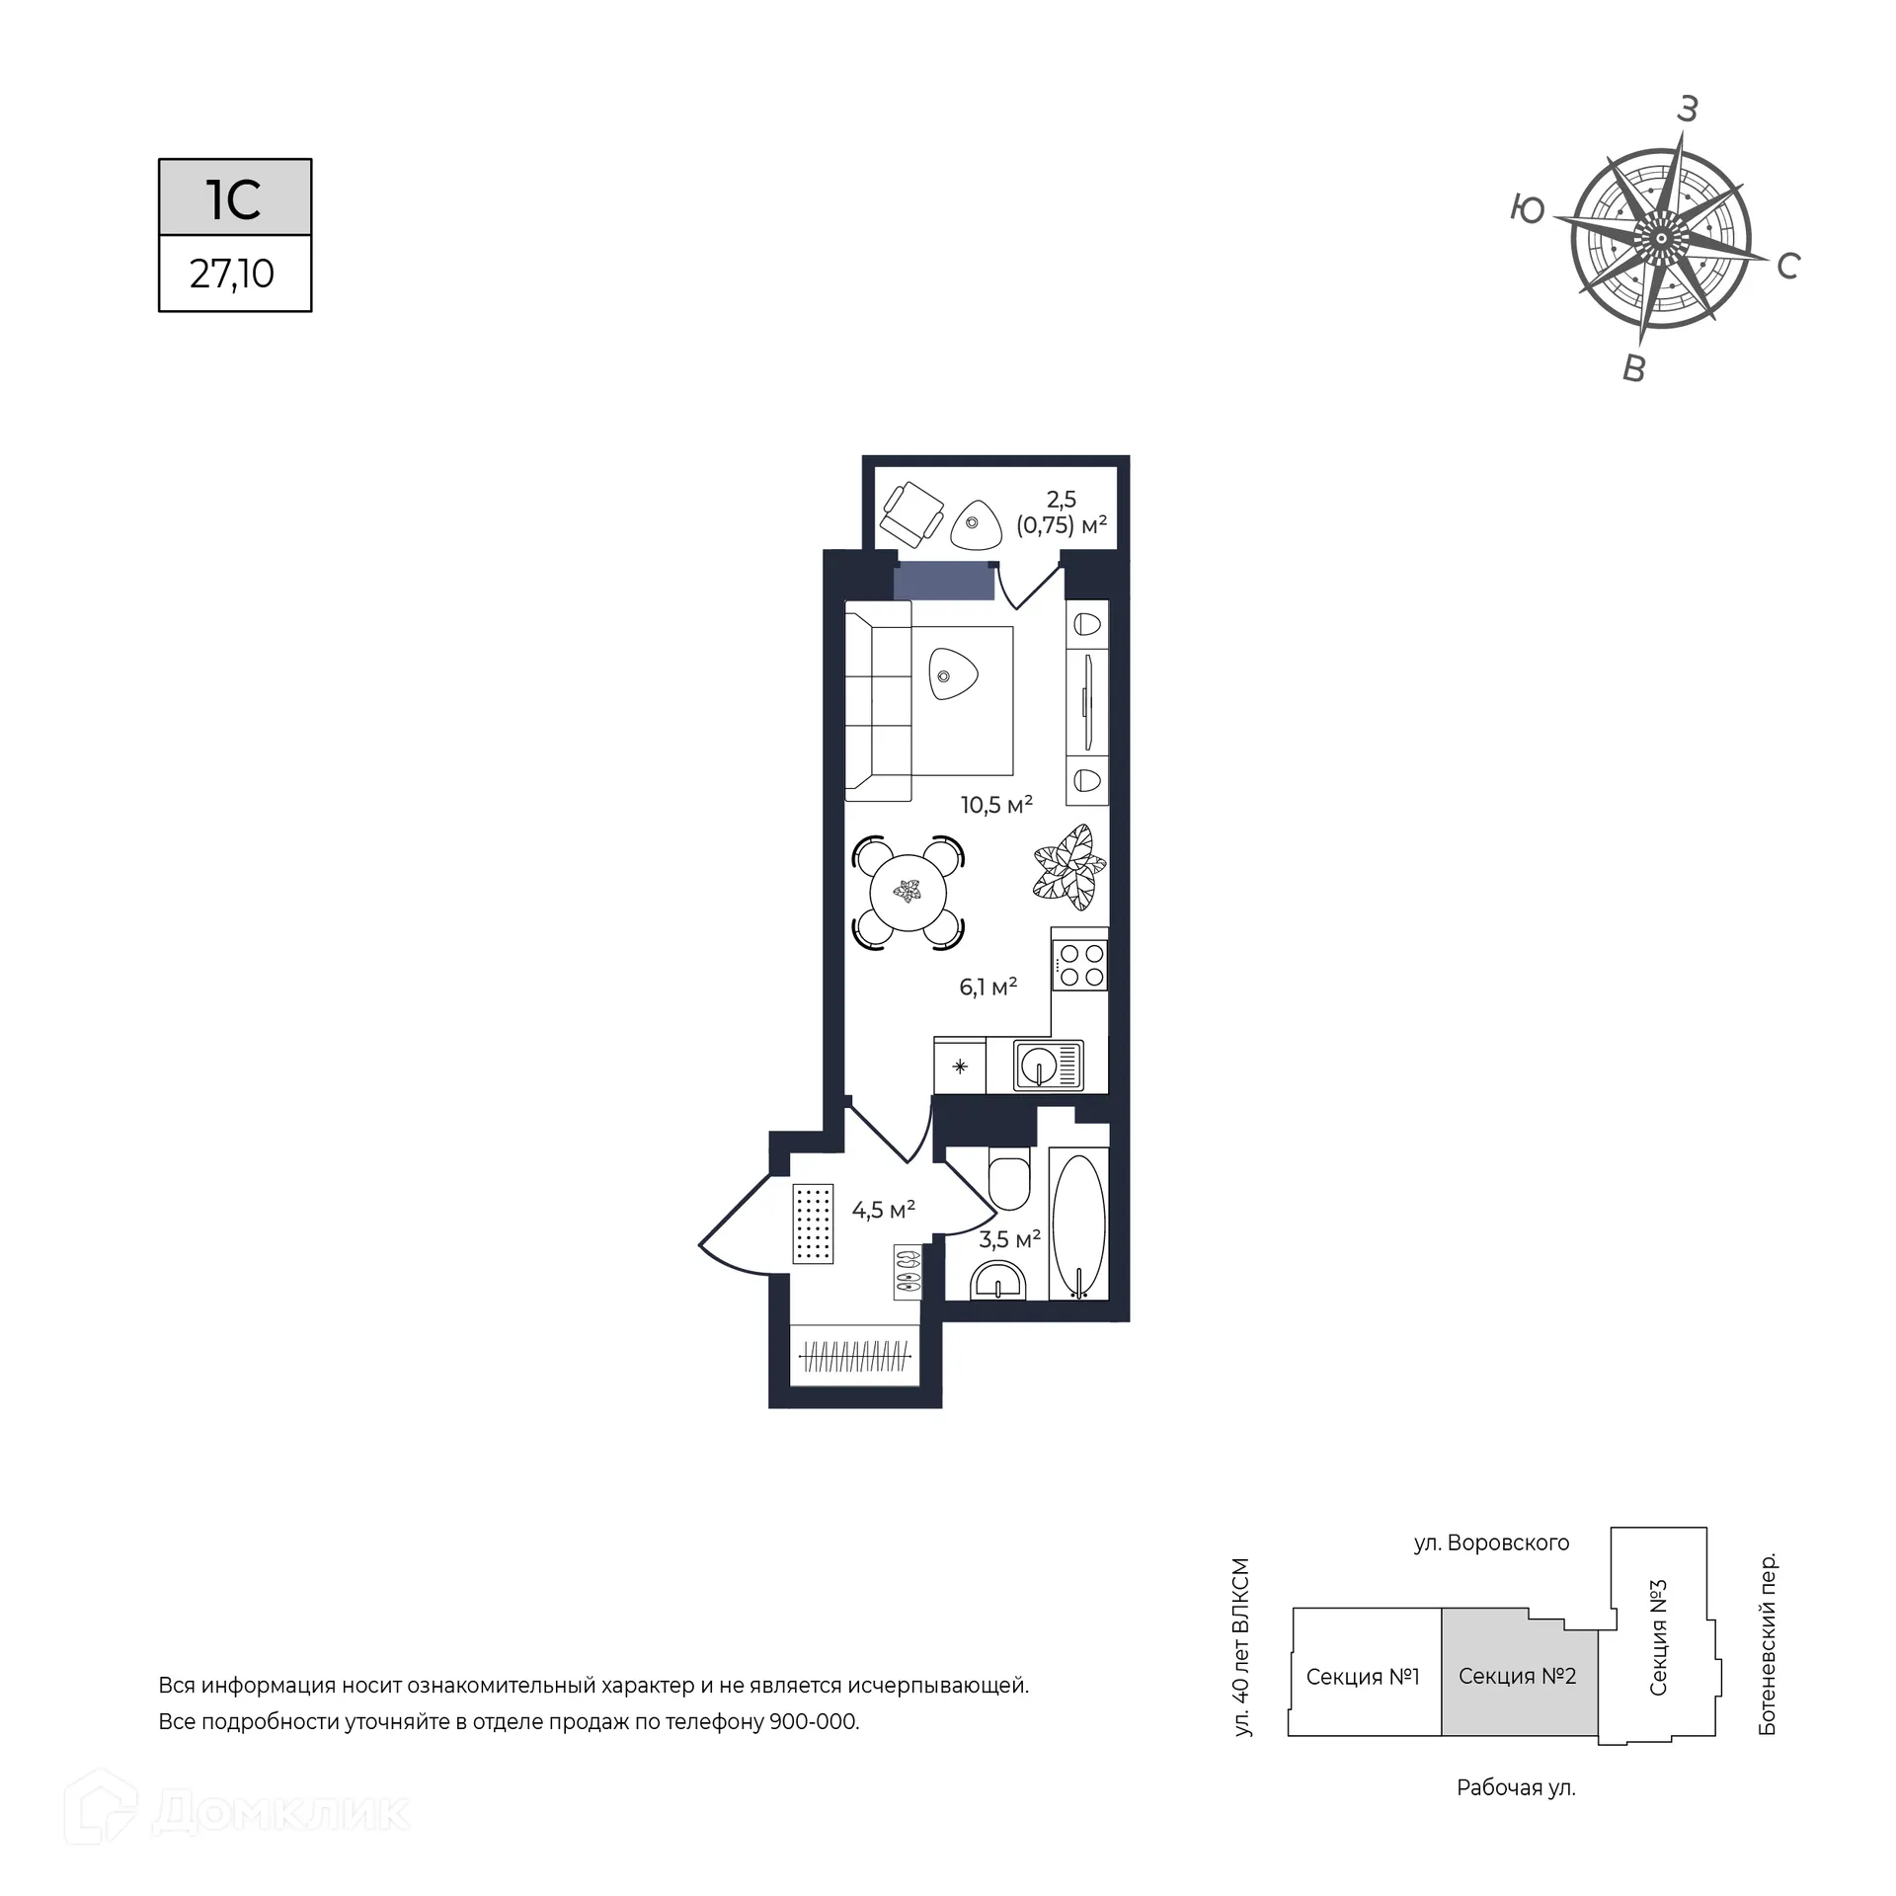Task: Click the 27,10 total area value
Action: tap(232, 274)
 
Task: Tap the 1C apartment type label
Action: tap(234, 198)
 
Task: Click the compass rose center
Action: tap(1662, 238)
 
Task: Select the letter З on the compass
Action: tap(1688, 110)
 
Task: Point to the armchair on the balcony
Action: tap(912, 513)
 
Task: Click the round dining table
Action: tap(908, 893)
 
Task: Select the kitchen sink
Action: tap(1048, 1066)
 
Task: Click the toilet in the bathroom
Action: tap(1009, 1178)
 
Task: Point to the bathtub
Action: tap(1078, 1223)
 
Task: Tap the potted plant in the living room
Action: tap(1067, 868)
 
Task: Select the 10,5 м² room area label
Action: tap(996, 805)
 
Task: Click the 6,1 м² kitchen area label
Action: tap(988, 987)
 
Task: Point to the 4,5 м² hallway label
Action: tap(884, 1210)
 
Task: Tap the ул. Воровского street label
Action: tap(1491, 1542)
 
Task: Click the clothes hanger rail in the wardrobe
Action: tap(855, 1355)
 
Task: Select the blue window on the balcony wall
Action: tap(943, 581)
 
